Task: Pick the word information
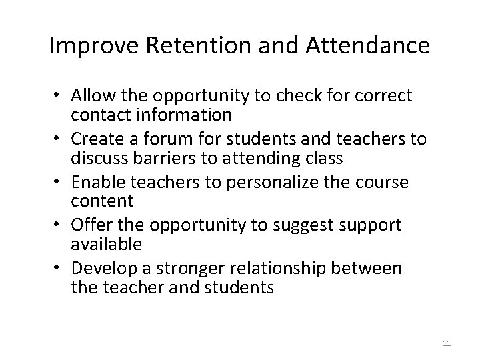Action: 187,115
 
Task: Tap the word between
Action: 367,269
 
